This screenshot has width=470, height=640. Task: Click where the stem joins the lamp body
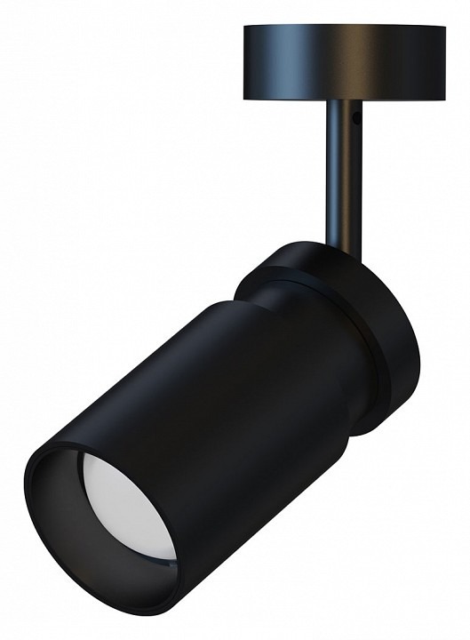click(342, 244)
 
